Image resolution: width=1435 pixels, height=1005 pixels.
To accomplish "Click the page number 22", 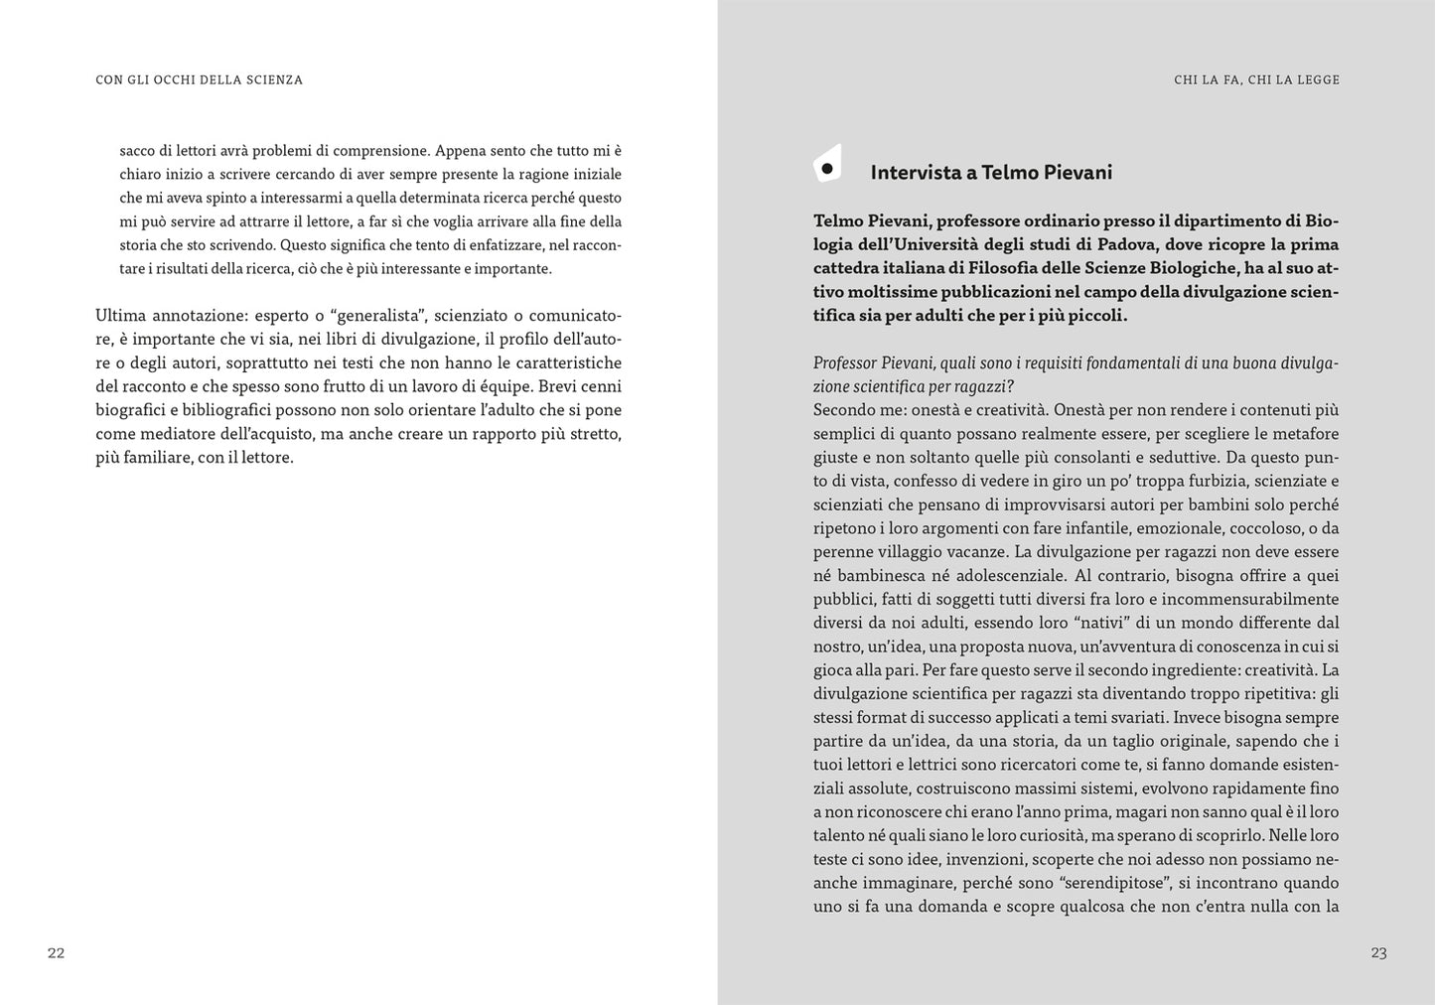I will (56, 953).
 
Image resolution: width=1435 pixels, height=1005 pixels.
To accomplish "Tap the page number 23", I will (1378, 953).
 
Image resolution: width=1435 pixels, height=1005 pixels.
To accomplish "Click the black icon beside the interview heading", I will (827, 166).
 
